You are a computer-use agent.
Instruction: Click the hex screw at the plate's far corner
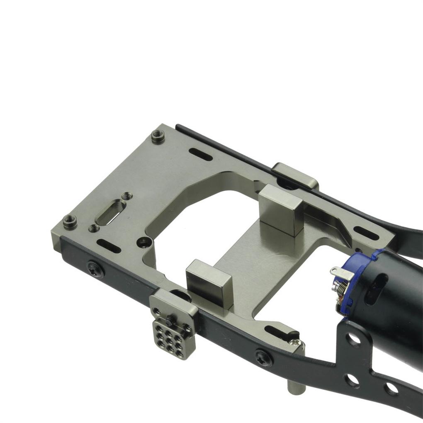(158, 136)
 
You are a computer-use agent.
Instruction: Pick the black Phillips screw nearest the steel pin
(263, 357)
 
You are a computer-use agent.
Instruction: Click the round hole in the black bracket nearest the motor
(353, 339)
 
